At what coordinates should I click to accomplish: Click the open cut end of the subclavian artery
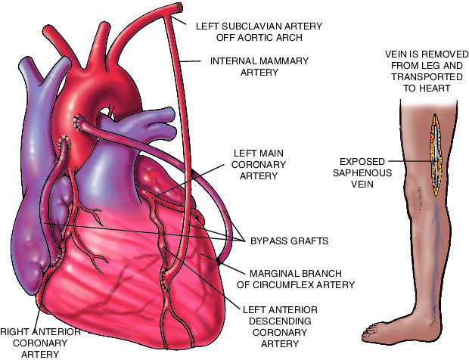[179, 8]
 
